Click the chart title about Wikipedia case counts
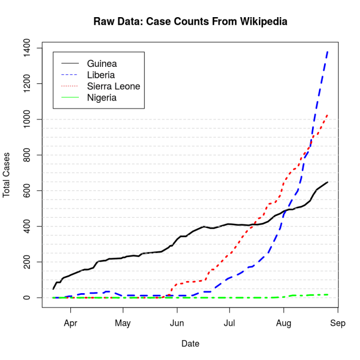pos(190,22)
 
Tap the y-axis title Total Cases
pos(6,174)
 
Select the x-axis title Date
pos(190,344)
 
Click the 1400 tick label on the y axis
pos(31,48)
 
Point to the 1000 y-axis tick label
pos(31,119)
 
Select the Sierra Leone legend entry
pos(113,86)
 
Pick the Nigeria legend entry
pos(102,98)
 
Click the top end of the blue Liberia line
pos(327,51)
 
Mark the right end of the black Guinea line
pos(327,183)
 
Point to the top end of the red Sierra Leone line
pos(327,115)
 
